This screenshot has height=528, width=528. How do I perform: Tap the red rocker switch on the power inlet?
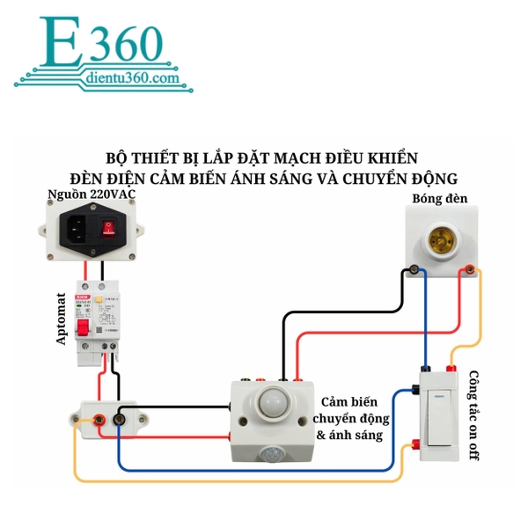[x=109, y=229]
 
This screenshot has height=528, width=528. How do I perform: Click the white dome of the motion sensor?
[x=275, y=406]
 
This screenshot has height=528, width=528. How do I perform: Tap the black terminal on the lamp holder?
[x=411, y=269]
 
